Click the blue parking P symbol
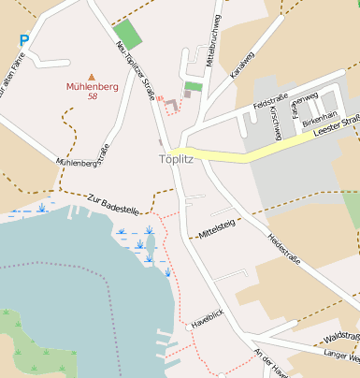coord(24,40)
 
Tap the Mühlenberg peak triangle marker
coord(92,77)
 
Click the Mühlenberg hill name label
coord(93,87)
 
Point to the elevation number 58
coord(93,96)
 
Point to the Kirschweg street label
coord(275,124)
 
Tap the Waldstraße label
coord(340,336)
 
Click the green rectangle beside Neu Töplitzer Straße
coord(129,35)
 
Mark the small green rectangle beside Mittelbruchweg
coord(193,87)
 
